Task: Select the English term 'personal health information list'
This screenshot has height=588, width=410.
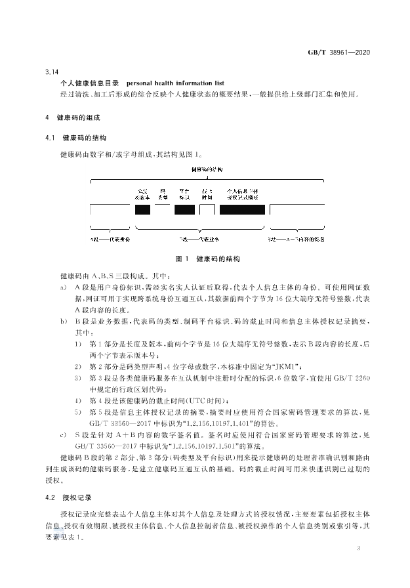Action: coord(175,83)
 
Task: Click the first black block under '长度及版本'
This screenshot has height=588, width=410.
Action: coord(142,210)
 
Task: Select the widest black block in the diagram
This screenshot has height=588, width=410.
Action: coord(242,210)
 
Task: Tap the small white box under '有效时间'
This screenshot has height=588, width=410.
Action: coord(207,210)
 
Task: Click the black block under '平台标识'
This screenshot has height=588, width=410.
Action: coord(184,210)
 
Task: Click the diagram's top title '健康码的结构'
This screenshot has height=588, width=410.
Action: coord(207,169)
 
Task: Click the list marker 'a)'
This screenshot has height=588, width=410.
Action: coord(63,289)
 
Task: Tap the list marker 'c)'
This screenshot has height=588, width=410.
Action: coord(63,435)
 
